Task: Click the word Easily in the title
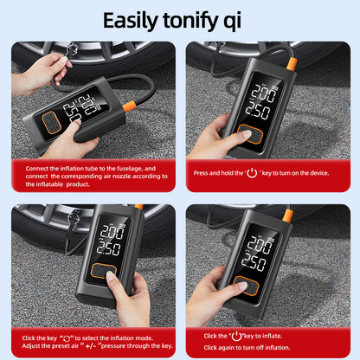(x=131, y=20)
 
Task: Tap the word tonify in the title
(x=201, y=20)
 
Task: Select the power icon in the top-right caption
(x=253, y=172)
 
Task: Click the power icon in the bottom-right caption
(x=235, y=335)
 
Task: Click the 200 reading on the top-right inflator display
(x=262, y=93)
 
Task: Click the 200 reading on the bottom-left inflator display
(x=112, y=233)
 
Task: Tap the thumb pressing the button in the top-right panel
(x=243, y=135)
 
